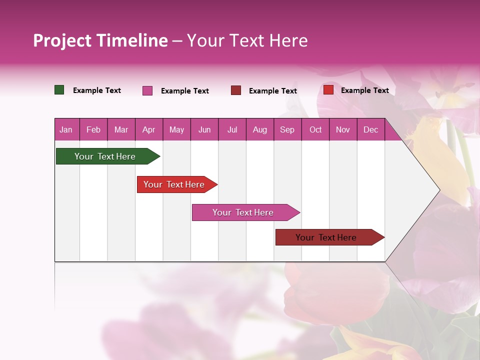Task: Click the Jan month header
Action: pyautogui.click(x=66, y=129)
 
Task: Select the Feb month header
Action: pyautogui.click(x=93, y=129)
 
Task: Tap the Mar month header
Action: pyautogui.click(x=121, y=129)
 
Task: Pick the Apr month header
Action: pyautogui.click(x=149, y=129)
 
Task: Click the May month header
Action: pyautogui.click(x=176, y=129)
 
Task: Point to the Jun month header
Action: pyautogui.click(x=204, y=129)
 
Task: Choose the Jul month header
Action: pyautogui.click(x=232, y=129)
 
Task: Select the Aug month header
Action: pyautogui.click(x=259, y=129)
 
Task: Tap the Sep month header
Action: pyautogui.click(x=287, y=129)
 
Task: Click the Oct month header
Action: pyautogui.click(x=315, y=129)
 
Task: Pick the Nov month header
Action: pyautogui.click(x=343, y=129)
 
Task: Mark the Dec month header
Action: pyautogui.click(x=370, y=129)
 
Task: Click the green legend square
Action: pyautogui.click(x=59, y=90)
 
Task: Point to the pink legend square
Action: pyautogui.click(x=147, y=90)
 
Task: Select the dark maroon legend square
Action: pyautogui.click(x=236, y=90)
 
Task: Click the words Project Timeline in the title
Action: pyautogui.click(x=100, y=40)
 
